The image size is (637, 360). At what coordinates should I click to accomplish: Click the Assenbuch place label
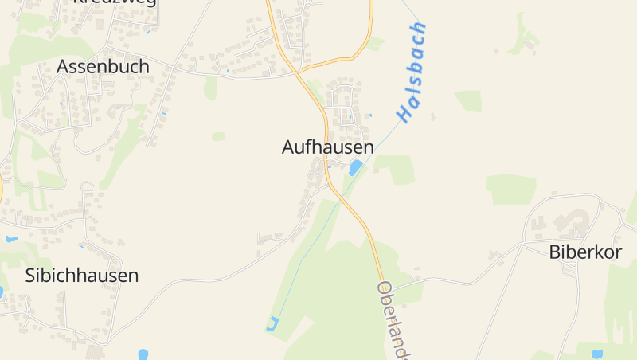coord(103,67)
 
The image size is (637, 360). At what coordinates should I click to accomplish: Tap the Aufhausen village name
coord(327,147)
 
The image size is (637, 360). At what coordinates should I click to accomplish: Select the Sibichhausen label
coord(82,276)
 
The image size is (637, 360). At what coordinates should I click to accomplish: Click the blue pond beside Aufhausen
coord(355,167)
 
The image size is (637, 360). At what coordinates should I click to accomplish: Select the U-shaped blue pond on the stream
coord(272,324)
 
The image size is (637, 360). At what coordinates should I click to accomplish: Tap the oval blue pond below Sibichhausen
coord(143,354)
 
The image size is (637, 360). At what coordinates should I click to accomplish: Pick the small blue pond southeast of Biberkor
coord(596,353)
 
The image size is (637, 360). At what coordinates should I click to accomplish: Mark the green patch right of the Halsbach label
coord(469,100)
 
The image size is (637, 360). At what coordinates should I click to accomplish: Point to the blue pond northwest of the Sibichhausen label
coord(11,239)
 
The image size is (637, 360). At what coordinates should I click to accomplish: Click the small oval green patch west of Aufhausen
coord(218,136)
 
